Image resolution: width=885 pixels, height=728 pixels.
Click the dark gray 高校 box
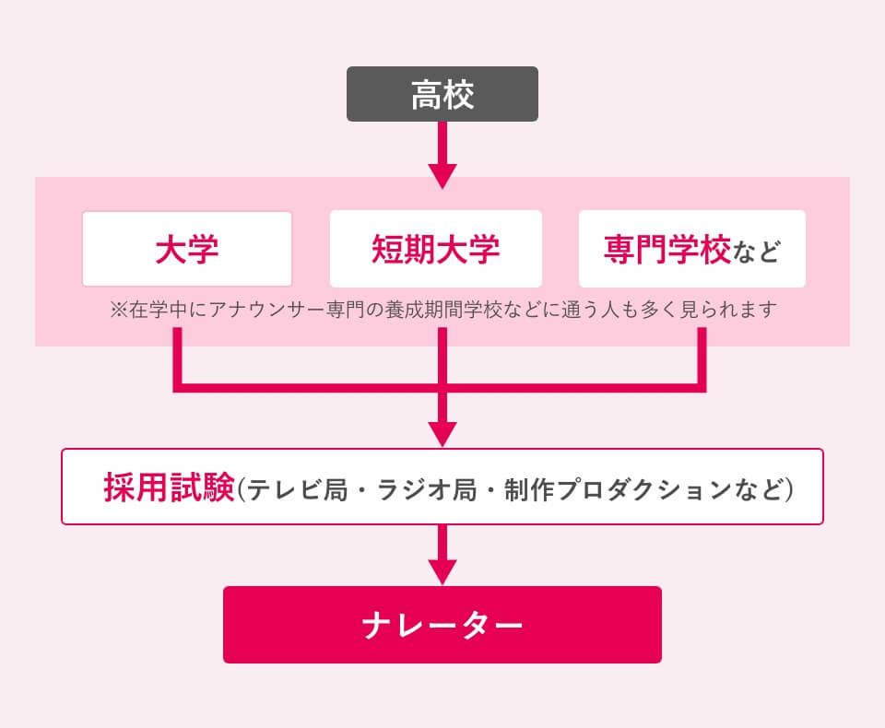(442, 95)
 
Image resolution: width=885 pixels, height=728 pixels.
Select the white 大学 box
(187, 249)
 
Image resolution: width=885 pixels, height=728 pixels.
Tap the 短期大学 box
(436, 249)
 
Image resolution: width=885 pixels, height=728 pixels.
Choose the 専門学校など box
(691, 249)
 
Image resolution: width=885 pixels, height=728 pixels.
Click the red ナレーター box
(442, 625)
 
